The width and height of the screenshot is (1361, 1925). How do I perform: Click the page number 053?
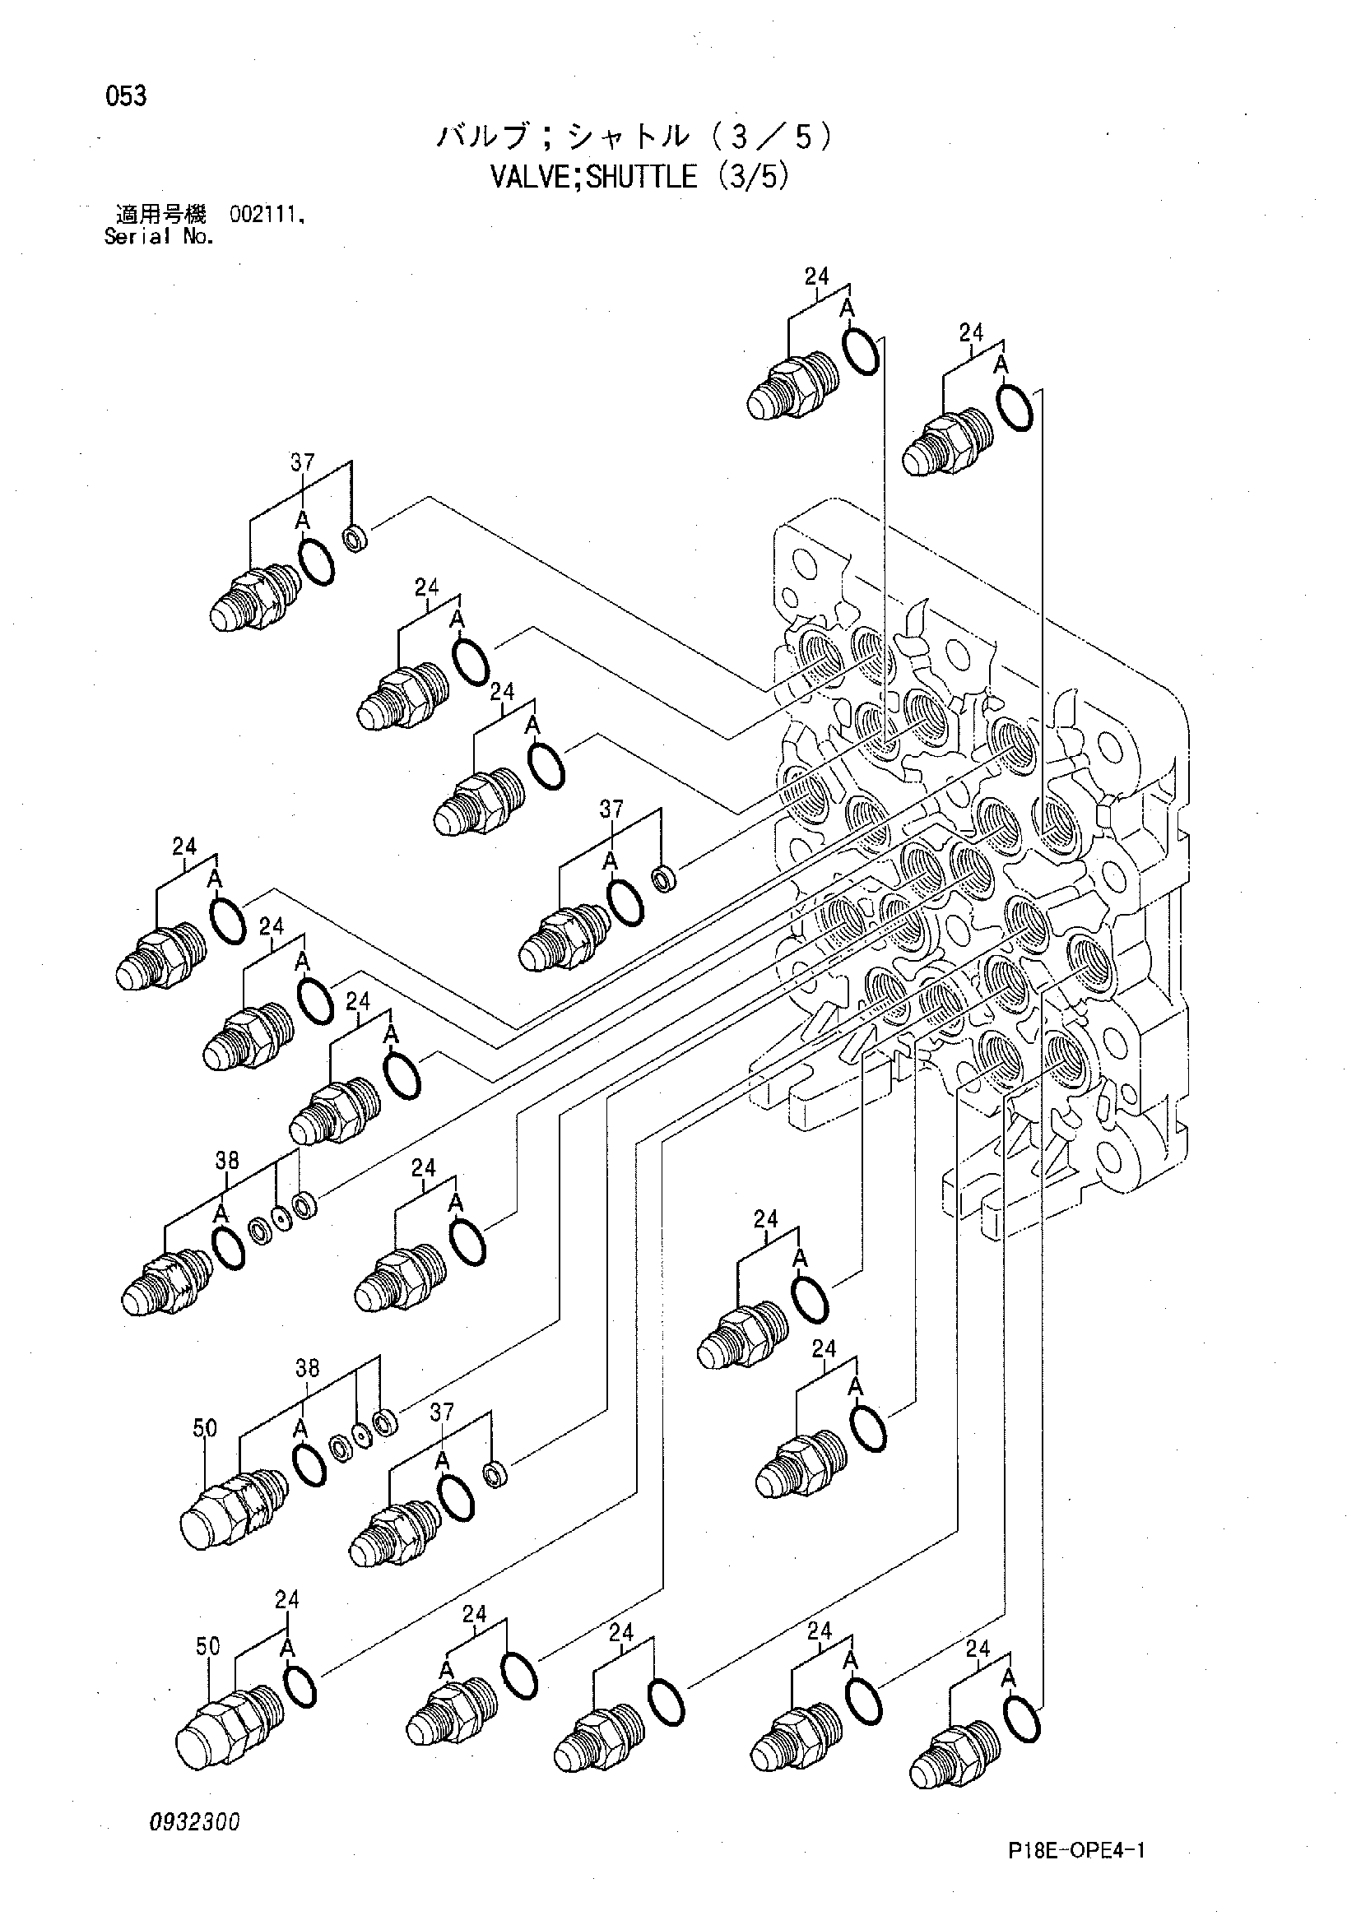point(126,97)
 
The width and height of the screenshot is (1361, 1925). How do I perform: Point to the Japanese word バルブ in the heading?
point(482,136)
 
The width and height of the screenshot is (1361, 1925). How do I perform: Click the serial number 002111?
point(266,216)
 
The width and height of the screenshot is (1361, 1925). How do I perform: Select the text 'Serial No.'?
point(159,237)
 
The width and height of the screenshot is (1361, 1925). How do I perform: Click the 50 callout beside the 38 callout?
point(205,1428)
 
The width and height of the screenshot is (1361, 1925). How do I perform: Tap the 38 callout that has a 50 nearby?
point(308,1368)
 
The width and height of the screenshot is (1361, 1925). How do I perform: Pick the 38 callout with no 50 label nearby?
point(227,1161)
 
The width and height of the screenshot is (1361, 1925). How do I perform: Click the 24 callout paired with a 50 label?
point(287,1600)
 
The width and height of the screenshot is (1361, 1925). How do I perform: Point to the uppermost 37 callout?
point(302,462)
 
